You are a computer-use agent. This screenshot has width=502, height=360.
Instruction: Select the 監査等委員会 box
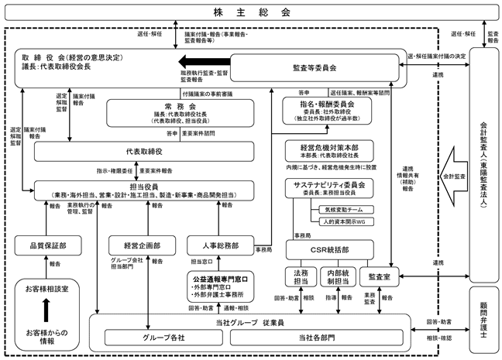pyautogui.click(x=315, y=68)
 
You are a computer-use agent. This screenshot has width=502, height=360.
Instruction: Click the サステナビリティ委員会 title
pyautogui.click(x=329, y=185)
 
